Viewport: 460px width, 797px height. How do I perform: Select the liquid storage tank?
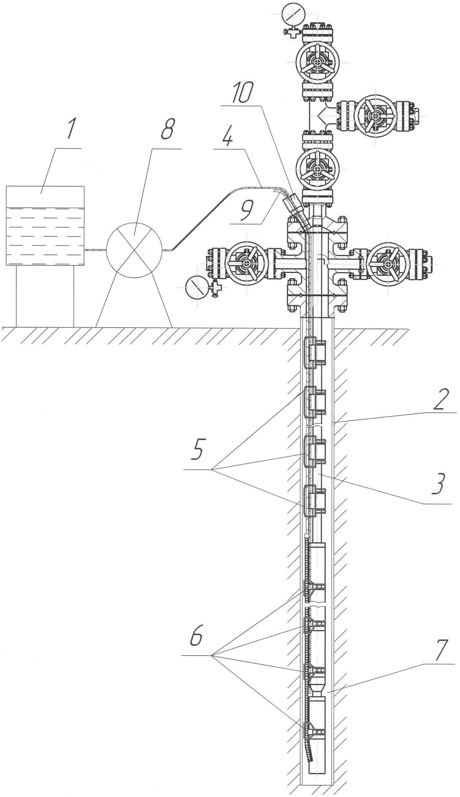point(45,226)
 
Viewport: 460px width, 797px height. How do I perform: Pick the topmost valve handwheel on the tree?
point(317,62)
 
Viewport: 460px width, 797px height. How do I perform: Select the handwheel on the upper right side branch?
point(375,116)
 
